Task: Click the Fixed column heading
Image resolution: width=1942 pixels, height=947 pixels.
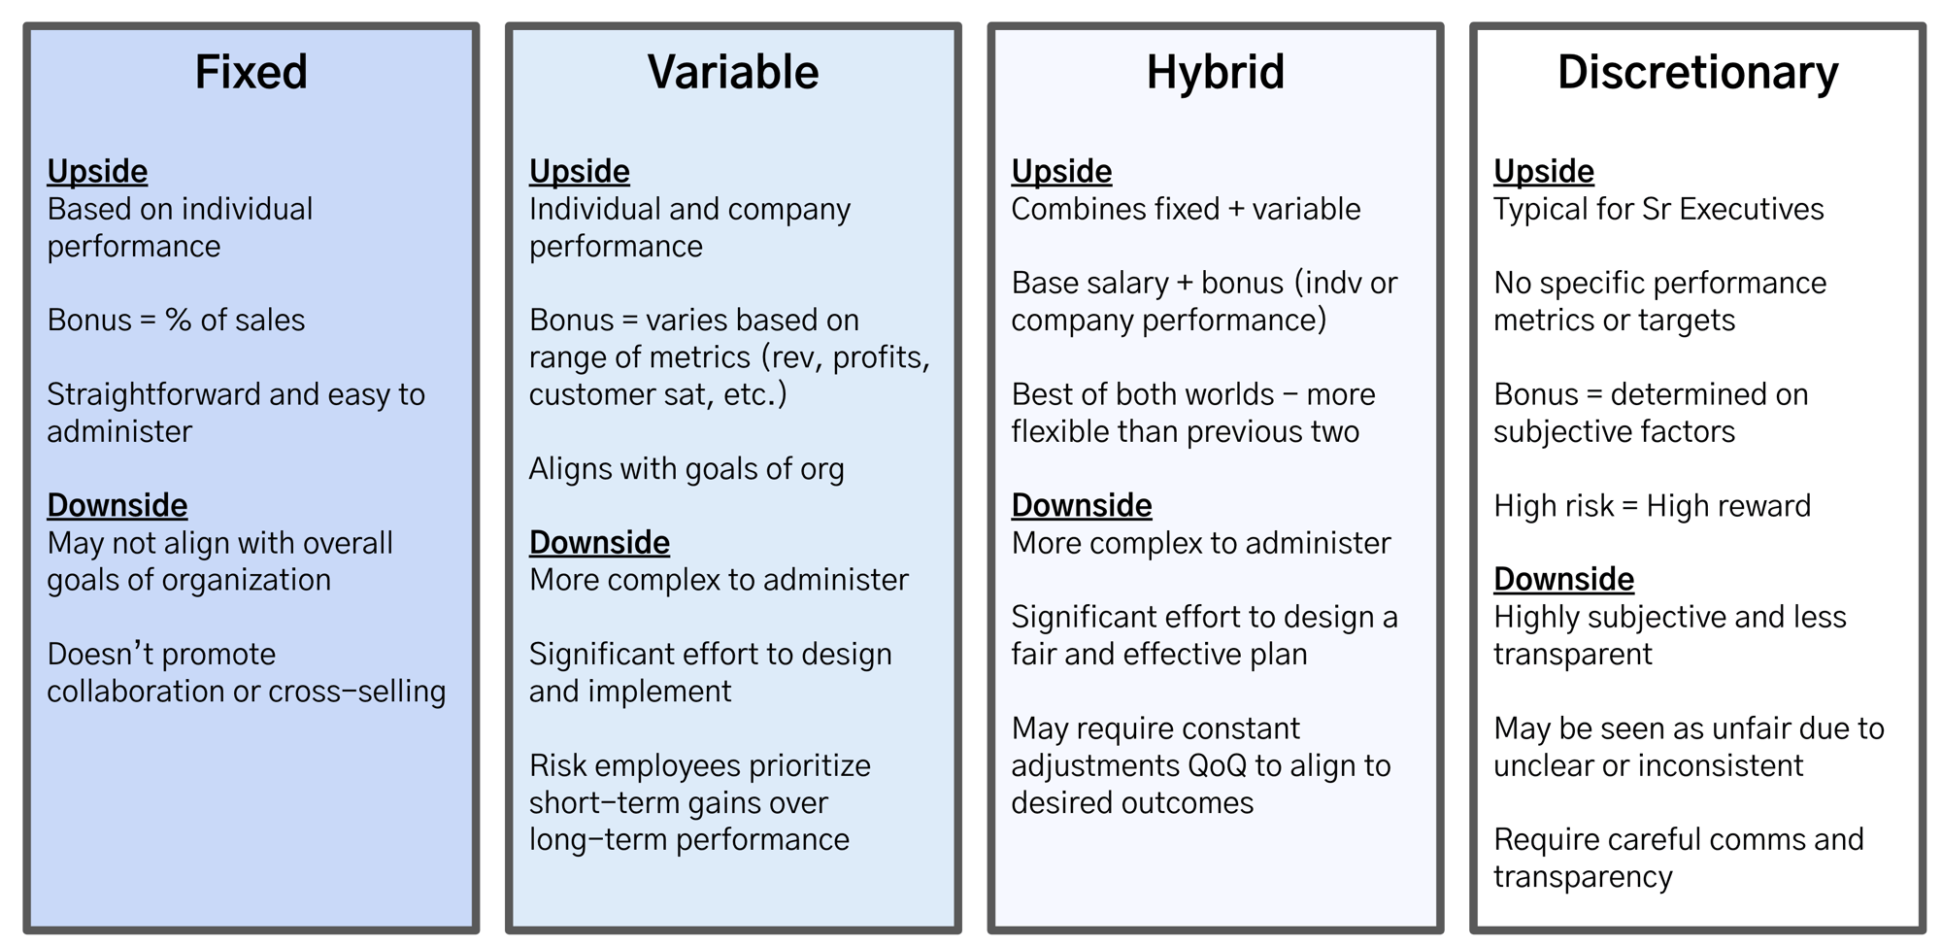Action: (251, 73)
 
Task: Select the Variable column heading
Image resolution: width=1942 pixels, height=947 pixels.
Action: (733, 73)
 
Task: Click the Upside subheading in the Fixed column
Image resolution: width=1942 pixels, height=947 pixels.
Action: (97, 171)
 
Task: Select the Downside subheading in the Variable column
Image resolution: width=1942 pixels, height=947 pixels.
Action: (599, 542)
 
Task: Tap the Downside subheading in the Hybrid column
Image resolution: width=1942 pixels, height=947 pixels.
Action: (1082, 505)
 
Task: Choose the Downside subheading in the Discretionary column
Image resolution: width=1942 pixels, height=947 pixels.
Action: (1563, 579)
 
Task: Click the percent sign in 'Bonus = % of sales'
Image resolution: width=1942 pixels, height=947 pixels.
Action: (179, 320)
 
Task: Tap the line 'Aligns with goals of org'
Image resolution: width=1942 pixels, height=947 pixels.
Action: (686, 469)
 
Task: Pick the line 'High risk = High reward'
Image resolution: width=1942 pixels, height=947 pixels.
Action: (1652, 506)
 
